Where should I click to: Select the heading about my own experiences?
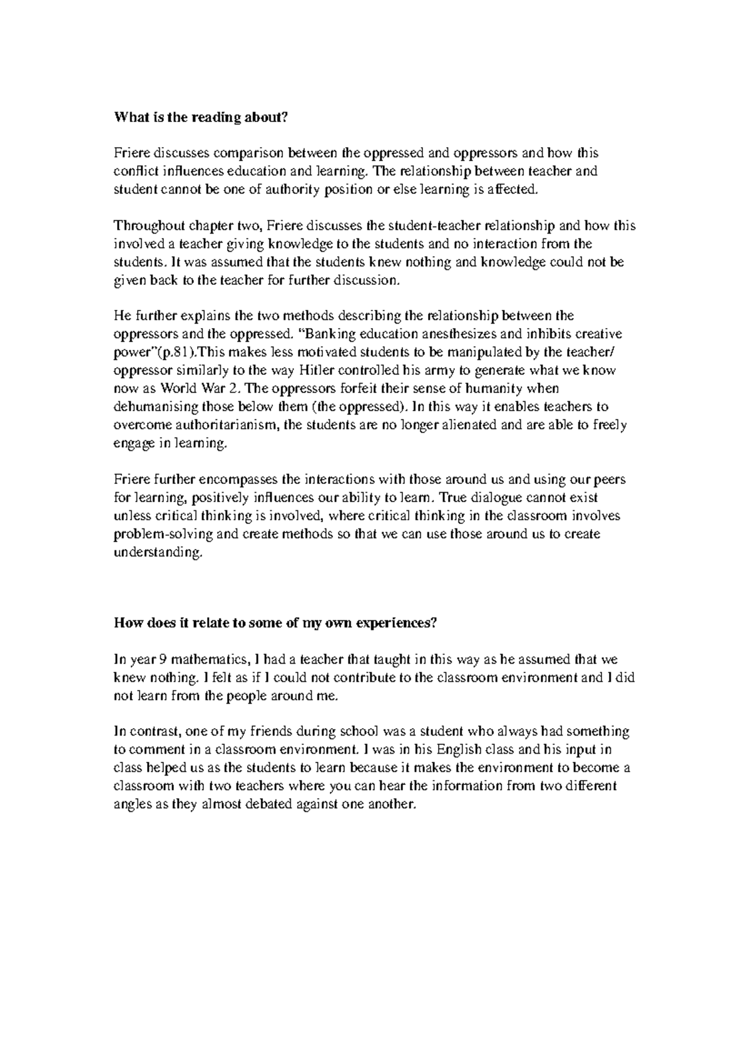(x=275, y=623)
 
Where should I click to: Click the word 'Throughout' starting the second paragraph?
(x=143, y=225)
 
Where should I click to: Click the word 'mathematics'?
(x=206, y=659)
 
